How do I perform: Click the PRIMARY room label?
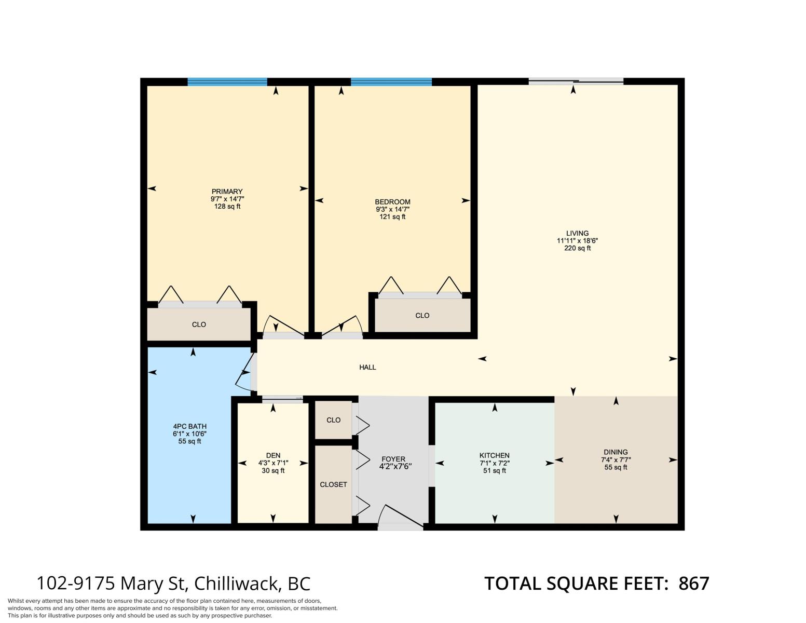point(227,192)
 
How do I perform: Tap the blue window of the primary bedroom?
point(227,82)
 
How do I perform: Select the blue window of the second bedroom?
point(391,82)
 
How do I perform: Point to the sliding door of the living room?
point(576,82)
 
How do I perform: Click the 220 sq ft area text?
point(578,248)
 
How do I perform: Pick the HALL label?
point(367,368)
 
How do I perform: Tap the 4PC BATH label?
point(189,426)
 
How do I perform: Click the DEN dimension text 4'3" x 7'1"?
point(274,463)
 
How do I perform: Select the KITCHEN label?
point(495,455)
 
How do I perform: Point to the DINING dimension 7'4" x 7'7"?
point(616,460)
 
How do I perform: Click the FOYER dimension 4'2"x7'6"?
point(395,466)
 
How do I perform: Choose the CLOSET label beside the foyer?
point(333,484)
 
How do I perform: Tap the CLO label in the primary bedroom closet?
point(199,324)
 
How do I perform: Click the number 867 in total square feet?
point(693,584)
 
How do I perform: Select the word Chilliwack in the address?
point(236,584)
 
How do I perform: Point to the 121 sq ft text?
point(392,217)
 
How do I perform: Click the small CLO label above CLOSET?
point(333,420)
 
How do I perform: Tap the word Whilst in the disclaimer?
point(16,601)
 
